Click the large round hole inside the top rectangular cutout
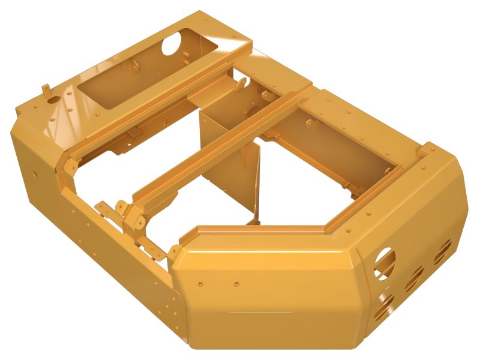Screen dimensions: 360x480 click(172, 43)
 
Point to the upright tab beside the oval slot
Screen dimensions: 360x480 click(45, 89)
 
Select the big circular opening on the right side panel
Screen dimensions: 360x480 click(385, 263)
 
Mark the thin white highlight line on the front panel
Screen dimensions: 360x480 click(261, 313)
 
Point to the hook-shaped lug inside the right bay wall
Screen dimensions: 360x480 click(310, 124)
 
